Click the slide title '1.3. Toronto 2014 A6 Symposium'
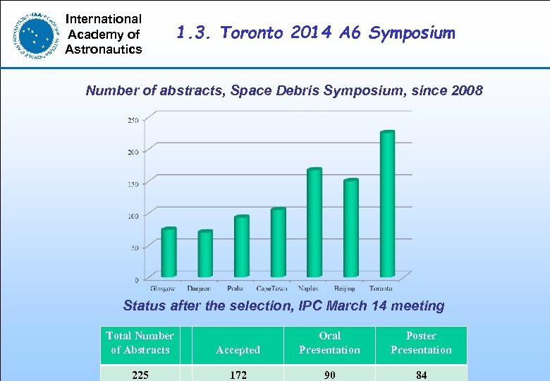tap(315, 33)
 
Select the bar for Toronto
tap(387, 205)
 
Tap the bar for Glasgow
tap(169, 253)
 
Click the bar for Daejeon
tap(205, 254)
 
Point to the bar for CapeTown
tap(278, 243)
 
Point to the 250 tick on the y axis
tap(133, 120)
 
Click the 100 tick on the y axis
tap(133, 215)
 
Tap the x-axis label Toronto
tap(381, 289)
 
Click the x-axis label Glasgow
tap(163, 289)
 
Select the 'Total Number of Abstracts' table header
tap(140, 343)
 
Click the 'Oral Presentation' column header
tap(329, 343)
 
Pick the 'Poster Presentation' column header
tap(421, 343)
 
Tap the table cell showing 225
tap(140, 375)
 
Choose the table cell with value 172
tap(238, 375)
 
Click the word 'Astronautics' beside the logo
tap(103, 49)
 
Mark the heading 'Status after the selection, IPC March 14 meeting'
tap(283, 306)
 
